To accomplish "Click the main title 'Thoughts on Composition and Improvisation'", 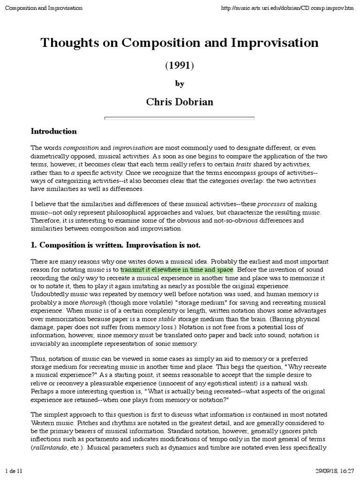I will (180, 43).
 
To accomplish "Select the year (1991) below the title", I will (180, 66).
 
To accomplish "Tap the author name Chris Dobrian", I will (180, 102).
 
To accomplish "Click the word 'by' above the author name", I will (180, 84).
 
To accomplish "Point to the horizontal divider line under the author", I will (180, 119).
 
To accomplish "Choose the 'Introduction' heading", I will (53, 131).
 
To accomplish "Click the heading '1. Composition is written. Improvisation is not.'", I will (115, 245).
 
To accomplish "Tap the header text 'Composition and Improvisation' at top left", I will (43, 8).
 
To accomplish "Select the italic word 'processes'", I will (270, 204).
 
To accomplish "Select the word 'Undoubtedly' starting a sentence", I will (51, 294).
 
